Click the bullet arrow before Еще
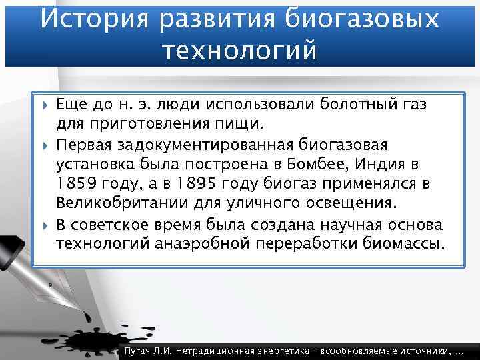(45, 104)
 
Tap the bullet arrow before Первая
(45, 144)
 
